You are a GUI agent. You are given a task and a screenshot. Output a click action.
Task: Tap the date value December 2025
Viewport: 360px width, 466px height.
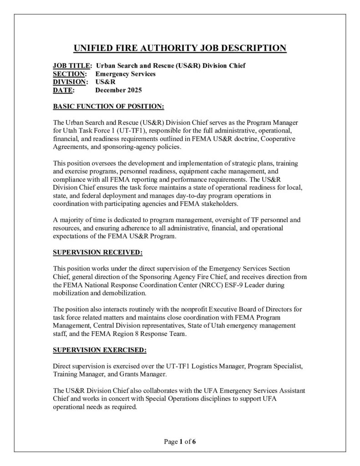click(x=118, y=90)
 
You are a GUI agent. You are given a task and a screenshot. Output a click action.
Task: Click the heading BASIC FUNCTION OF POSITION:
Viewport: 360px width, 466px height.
click(x=108, y=106)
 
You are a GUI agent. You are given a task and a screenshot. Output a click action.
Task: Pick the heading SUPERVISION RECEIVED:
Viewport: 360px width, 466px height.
click(x=98, y=251)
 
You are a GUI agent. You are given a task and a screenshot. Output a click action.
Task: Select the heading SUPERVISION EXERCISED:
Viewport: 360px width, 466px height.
click(x=100, y=350)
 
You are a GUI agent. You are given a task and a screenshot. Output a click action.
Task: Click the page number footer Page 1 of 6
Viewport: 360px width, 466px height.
click(x=180, y=441)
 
